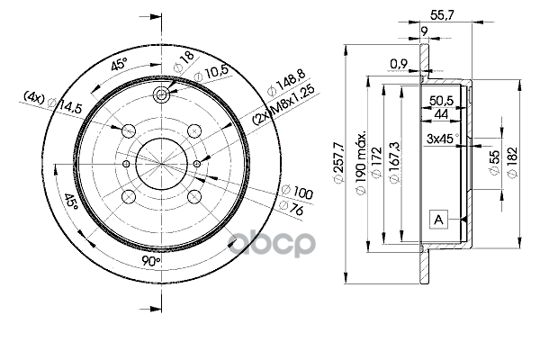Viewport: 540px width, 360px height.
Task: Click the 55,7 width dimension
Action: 442,15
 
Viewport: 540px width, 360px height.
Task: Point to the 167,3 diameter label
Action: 393,163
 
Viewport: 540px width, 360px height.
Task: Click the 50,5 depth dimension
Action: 442,101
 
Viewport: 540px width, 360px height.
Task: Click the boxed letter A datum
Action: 438,219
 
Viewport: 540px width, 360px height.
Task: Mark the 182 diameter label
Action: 512,162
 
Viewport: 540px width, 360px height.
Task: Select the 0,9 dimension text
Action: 399,64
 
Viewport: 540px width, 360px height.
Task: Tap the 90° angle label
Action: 150,262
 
